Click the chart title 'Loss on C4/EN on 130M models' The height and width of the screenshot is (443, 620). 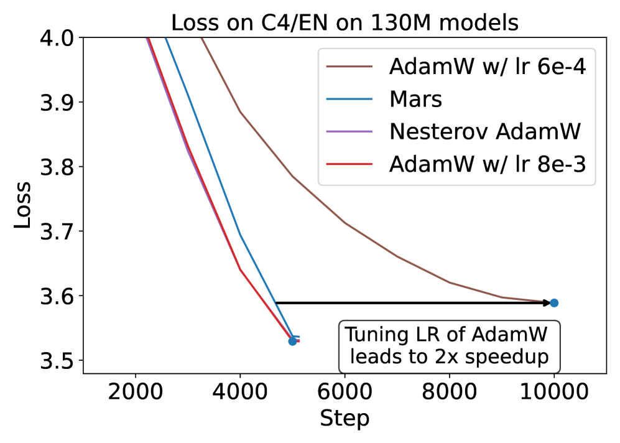click(345, 23)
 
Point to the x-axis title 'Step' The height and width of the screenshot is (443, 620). click(345, 418)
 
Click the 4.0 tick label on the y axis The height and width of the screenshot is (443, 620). click(57, 39)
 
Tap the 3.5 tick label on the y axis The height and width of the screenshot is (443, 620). click(57, 361)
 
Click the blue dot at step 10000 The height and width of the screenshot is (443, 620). click(554, 303)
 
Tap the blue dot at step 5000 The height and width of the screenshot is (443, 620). click(292, 341)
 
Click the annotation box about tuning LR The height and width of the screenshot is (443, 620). click(449, 347)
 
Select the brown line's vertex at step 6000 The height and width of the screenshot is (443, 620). click(345, 223)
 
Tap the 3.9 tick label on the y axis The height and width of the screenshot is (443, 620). click(57, 103)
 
